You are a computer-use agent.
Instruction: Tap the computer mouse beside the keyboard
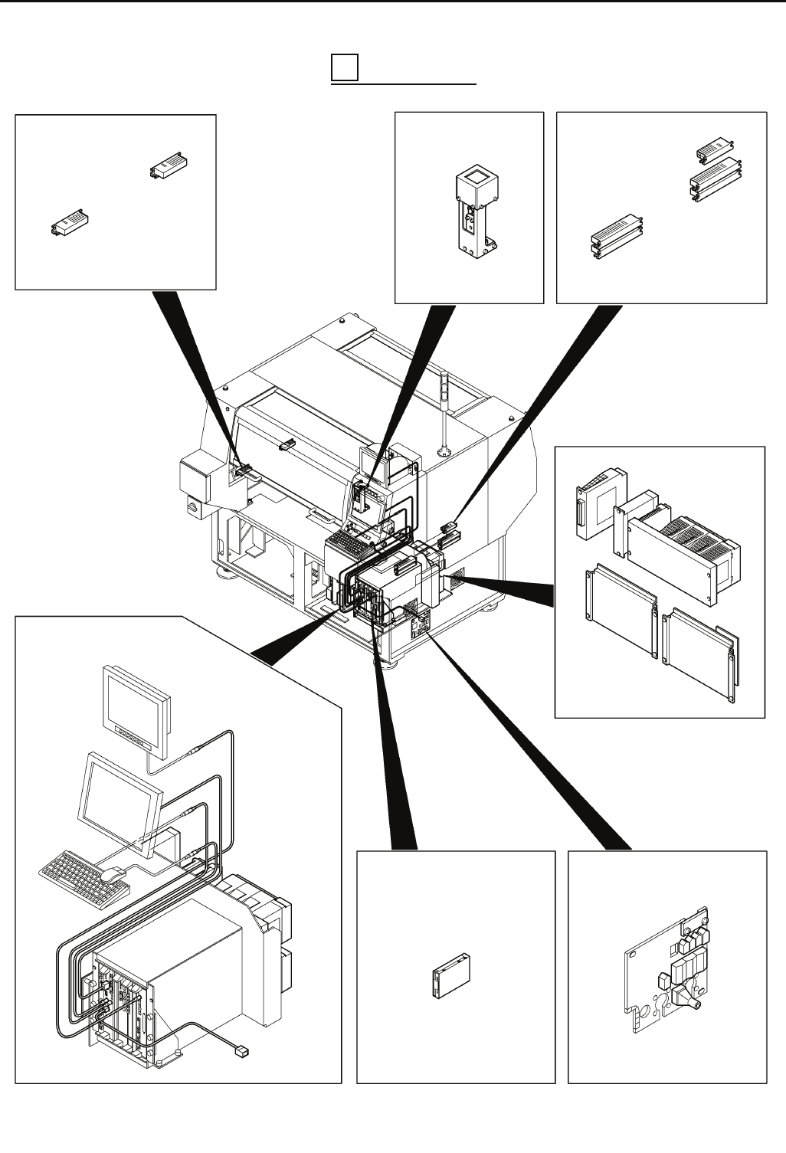click(113, 871)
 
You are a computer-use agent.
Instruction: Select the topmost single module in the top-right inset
click(712, 149)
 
